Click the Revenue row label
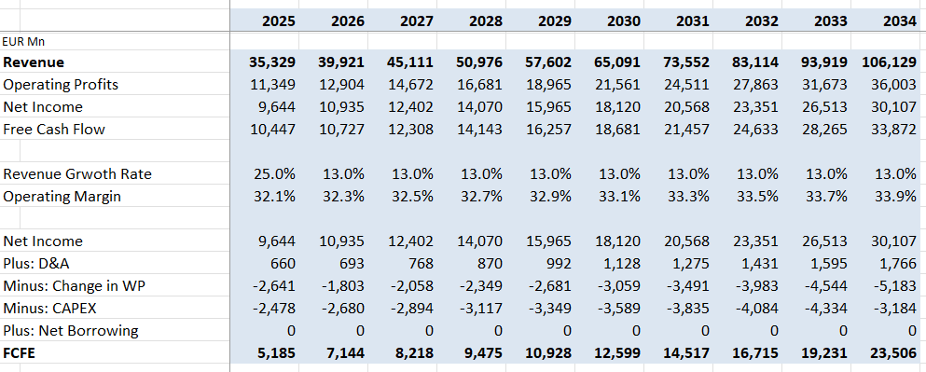pyautogui.click(x=35, y=62)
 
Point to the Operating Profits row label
pyautogui.click(x=61, y=85)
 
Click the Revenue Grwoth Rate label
pyautogui.click(x=76, y=174)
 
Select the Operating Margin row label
pyautogui.click(x=62, y=197)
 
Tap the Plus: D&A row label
pyautogui.click(x=41, y=263)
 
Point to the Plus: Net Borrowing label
pyautogui.click(x=71, y=330)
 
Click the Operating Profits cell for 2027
pyautogui.click(x=409, y=85)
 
